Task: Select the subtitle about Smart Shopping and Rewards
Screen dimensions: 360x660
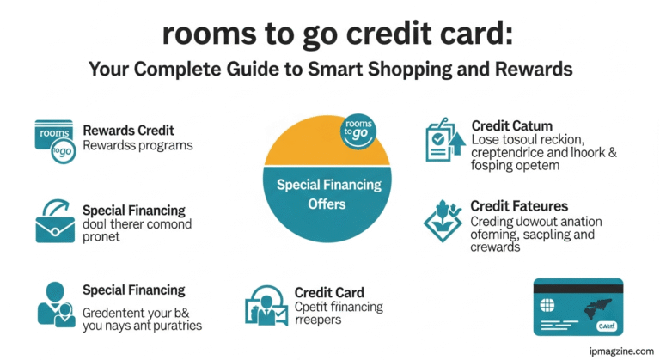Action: tap(329, 69)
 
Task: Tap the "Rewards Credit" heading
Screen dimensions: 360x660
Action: tap(129, 131)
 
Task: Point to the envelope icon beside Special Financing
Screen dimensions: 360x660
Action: tap(55, 222)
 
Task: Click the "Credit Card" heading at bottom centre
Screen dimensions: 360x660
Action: tap(329, 293)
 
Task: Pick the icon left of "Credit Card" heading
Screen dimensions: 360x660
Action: tap(265, 305)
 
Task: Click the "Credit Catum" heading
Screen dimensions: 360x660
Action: tap(512, 126)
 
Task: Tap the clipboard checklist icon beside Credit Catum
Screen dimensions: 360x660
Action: tap(445, 141)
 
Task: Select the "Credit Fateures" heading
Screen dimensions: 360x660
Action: tap(519, 206)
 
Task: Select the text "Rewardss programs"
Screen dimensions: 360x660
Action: tap(137, 145)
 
